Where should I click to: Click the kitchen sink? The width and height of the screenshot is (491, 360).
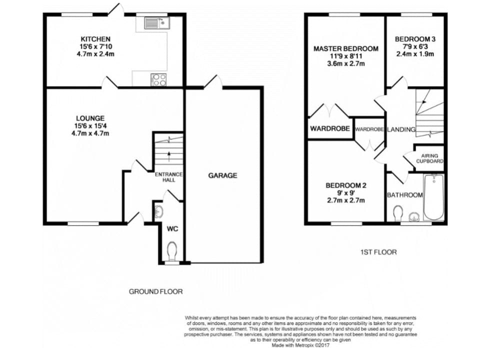pyautogui.click(x=157, y=23)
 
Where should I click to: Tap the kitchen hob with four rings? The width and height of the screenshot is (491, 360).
pyautogui.click(x=159, y=79)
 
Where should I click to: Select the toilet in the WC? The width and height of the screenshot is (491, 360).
pyautogui.click(x=172, y=251)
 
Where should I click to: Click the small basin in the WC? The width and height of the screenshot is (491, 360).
pyautogui.click(x=159, y=212)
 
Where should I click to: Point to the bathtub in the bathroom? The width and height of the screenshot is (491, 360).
pyautogui.click(x=433, y=197)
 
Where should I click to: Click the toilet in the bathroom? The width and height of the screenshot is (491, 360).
pyautogui.click(x=398, y=214)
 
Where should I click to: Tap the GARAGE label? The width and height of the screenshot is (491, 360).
pyautogui.click(x=222, y=175)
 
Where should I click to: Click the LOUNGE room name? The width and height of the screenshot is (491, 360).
pyautogui.click(x=90, y=118)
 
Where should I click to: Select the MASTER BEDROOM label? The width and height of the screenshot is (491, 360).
pyautogui.click(x=346, y=49)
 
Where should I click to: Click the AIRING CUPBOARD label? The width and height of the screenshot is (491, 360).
pyautogui.click(x=429, y=158)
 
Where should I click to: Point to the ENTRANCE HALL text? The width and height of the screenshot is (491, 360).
pyautogui.click(x=169, y=177)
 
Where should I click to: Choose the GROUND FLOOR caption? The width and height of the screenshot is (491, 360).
pyautogui.click(x=155, y=292)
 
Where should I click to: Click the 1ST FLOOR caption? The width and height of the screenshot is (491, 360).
pyautogui.click(x=378, y=252)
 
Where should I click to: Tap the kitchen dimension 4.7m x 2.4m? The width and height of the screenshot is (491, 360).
pyautogui.click(x=95, y=54)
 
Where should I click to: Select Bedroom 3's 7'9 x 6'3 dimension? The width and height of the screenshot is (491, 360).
pyautogui.click(x=415, y=46)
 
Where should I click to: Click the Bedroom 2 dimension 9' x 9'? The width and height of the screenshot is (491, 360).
pyautogui.click(x=345, y=193)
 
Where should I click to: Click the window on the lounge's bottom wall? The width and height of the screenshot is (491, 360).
pyautogui.click(x=83, y=223)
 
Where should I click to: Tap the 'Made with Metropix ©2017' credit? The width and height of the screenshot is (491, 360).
pyautogui.click(x=300, y=345)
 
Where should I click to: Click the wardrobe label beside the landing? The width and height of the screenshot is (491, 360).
pyautogui.click(x=369, y=129)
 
